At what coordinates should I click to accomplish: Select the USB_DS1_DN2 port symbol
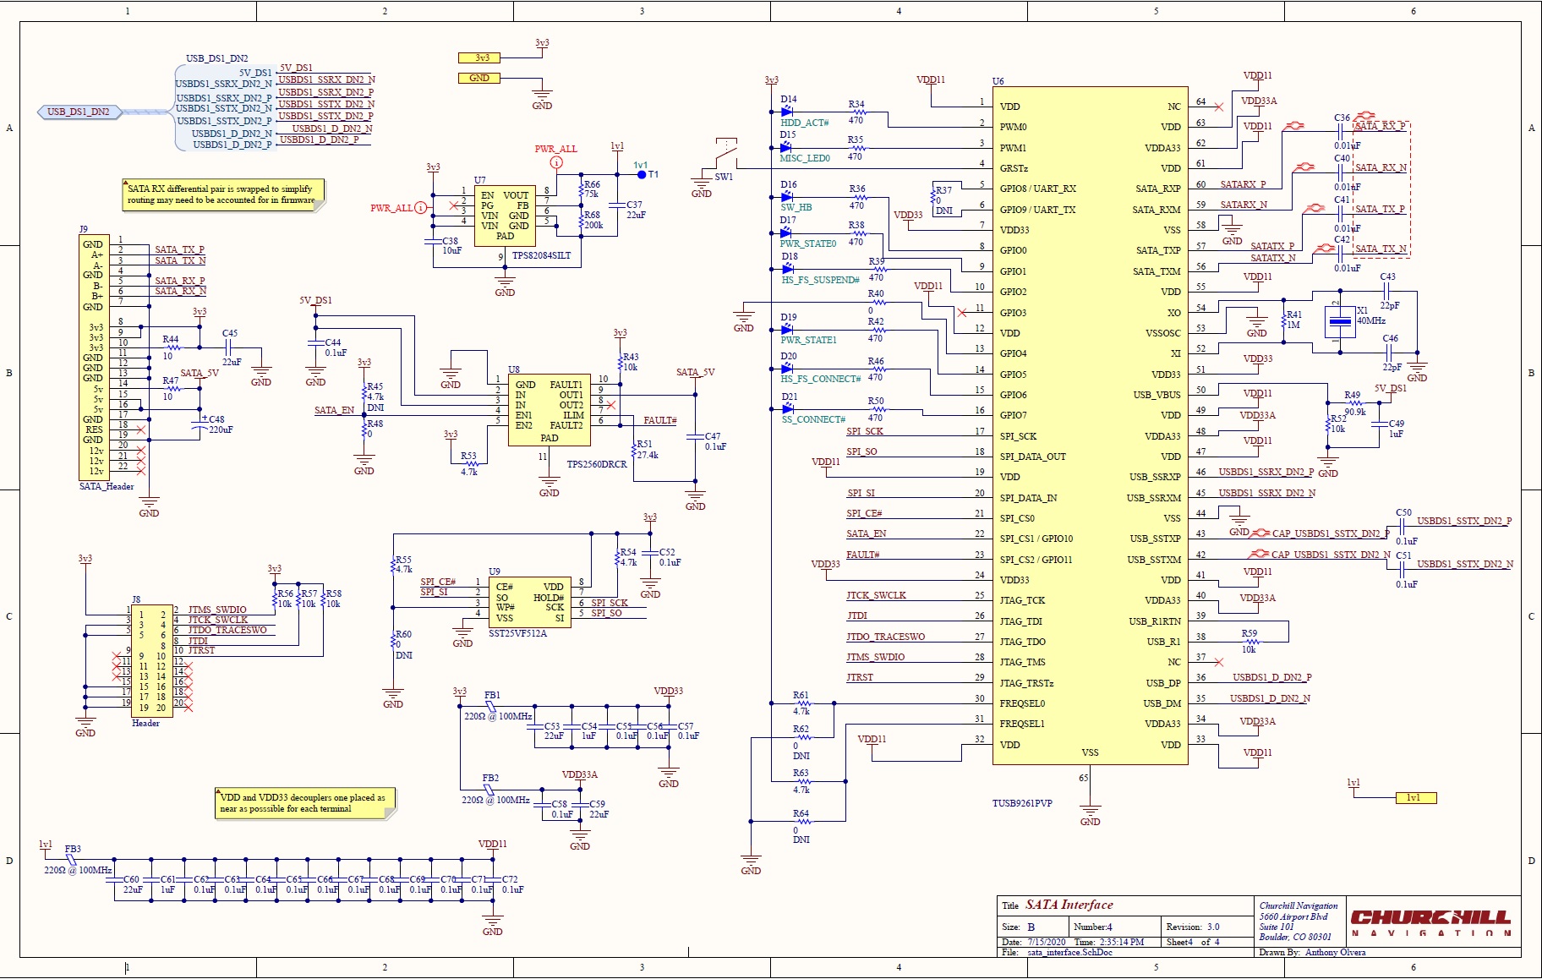tap(79, 112)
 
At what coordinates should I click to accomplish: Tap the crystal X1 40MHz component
tap(1340, 321)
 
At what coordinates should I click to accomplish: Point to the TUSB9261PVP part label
tap(1021, 803)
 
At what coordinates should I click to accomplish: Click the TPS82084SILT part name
tap(541, 255)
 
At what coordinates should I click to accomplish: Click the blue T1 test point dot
tap(642, 175)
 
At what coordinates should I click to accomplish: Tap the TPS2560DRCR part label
tap(596, 464)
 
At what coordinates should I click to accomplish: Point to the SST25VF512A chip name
tap(517, 633)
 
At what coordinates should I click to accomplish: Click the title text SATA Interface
tap(1069, 905)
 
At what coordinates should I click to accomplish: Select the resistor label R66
tap(592, 184)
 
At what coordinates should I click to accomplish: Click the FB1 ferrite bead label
tap(492, 695)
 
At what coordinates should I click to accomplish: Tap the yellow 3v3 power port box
tap(479, 58)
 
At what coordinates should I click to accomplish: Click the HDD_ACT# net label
tap(804, 123)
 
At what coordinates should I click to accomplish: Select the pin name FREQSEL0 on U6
tap(1022, 703)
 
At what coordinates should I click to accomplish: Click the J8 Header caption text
tap(145, 723)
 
